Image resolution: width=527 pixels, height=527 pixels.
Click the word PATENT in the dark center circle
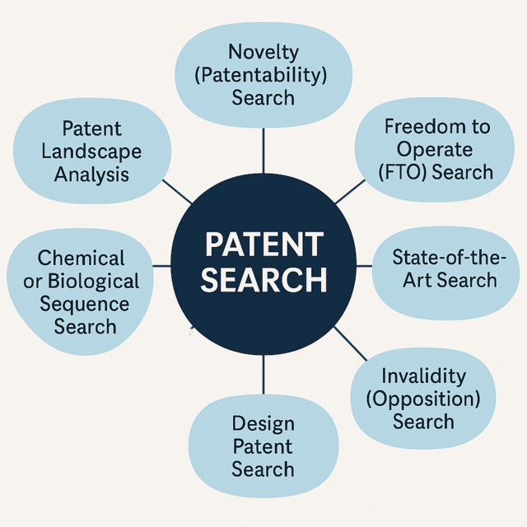[x=264, y=245]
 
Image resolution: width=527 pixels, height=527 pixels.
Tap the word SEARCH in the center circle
[x=263, y=280]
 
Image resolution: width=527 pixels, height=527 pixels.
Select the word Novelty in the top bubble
[x=263, y=53]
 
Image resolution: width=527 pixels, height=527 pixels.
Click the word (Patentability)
[x=261, y=75]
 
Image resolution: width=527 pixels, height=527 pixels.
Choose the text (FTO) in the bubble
[x=403, y=172]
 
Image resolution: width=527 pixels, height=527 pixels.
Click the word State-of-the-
[x=449, y=257]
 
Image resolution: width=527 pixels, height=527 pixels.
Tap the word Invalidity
[x=423, y=376]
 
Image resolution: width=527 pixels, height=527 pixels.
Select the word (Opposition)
[x=423, y=399]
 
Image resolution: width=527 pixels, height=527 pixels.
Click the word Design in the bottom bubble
[x=263, y=424]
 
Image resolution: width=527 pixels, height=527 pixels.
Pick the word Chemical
[x=81, y=258]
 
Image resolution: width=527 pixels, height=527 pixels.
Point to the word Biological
[x=93, y=281]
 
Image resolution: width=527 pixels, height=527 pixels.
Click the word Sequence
[x=85, y=304]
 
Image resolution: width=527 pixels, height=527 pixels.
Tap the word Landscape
[x=91, y=152]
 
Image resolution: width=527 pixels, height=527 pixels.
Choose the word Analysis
[x=91, y=175]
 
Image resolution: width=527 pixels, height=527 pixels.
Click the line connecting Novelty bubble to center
[x=263, y=151]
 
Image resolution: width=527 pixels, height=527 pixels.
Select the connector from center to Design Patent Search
[x=263, y=375]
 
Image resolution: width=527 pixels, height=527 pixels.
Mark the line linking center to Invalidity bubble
[x=351, y=343]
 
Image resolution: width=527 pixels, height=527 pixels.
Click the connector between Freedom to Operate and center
[x=350, y=192]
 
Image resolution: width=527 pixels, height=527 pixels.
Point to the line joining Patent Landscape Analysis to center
[x=177, y=192]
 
